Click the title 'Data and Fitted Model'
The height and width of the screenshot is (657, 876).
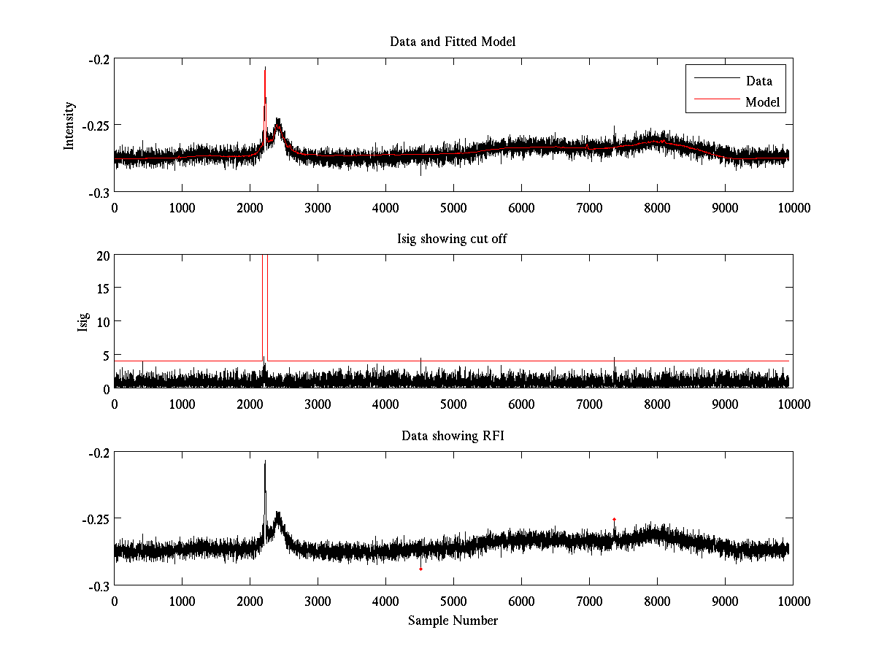click(453, 42)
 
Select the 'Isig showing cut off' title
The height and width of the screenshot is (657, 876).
click(453, 239)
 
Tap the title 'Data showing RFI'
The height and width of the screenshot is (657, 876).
click(453, 436)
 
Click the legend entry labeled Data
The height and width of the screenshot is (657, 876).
click(758, 81)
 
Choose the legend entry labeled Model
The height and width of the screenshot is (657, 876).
click(762, 102)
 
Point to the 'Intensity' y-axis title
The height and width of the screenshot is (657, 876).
click(69, 126)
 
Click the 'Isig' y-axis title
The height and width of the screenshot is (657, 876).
click(83, 322)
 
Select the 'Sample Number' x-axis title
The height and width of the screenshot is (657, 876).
click(453, 620)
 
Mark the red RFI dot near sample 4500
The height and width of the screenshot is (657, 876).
click(421, 569)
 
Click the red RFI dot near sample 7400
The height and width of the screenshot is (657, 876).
click(615, 519)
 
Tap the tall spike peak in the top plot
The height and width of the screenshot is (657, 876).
click(265, 68)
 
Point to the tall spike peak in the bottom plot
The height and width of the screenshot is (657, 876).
click(265, 461)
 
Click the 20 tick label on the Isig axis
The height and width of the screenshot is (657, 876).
click(101, 255)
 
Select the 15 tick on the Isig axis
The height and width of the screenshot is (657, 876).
click(101, 289)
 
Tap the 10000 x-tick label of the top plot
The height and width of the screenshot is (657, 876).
click(793, 207)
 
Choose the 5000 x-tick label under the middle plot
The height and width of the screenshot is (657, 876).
click(453, 404)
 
